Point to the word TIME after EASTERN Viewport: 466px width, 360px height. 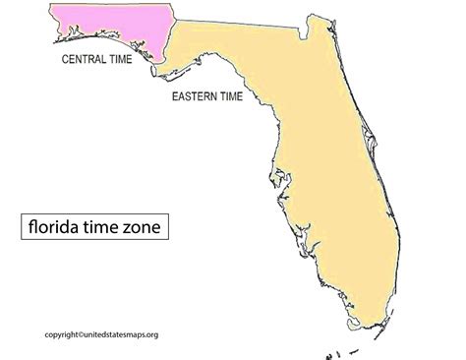tap(245, 97)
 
